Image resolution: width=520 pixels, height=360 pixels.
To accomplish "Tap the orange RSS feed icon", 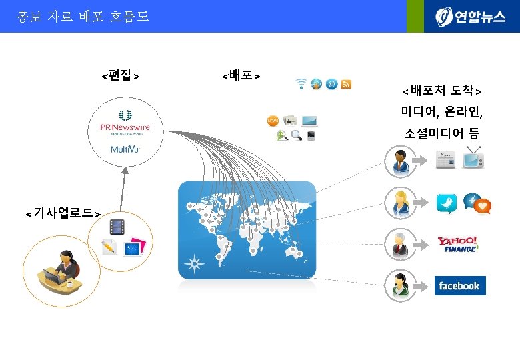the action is tap(347, 84).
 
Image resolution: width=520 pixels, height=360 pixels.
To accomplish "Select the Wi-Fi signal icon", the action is tap(301, 84).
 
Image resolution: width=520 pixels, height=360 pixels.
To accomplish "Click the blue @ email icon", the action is tap(331, 84).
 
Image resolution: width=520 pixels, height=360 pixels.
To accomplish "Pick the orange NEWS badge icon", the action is tap(272, 121).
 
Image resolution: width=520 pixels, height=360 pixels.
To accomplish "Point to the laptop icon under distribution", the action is tap(309, 121).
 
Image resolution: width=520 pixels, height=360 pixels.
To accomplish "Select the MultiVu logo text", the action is tap(125, 149).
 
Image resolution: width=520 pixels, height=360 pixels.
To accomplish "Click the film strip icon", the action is tap(117, 227).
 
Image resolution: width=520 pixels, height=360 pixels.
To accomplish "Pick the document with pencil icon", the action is tap(108, 247).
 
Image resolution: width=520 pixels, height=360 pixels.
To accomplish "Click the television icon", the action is tap(473, 159).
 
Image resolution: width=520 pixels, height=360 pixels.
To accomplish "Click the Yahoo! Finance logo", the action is tap(458, 245).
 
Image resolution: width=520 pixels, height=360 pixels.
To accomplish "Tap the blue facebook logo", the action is tap(460, 285).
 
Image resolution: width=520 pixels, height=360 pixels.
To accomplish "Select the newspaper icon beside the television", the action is tap(445, 161).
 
